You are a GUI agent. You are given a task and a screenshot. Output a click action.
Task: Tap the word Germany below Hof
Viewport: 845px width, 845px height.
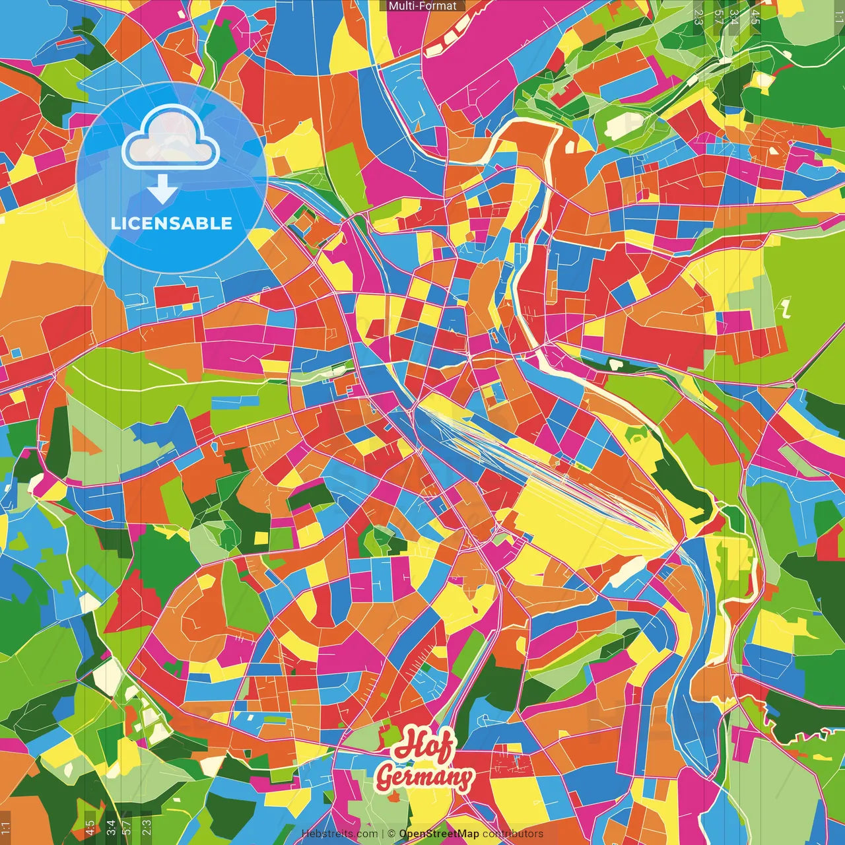pos(424,777)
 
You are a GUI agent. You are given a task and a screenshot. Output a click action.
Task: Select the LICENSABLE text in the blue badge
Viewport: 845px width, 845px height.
pos(172,223)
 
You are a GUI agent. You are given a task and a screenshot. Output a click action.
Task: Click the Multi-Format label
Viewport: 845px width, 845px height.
pos(422,6)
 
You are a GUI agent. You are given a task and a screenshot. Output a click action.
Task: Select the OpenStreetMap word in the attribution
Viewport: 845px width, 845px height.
pos(438,834)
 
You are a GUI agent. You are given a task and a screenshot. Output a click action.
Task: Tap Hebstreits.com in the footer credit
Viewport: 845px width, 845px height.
pos(339,834)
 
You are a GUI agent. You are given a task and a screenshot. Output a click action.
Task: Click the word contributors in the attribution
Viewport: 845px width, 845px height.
pos(513,834)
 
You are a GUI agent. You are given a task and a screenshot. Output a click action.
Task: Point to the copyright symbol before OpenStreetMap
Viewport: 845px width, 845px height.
pos(391,834)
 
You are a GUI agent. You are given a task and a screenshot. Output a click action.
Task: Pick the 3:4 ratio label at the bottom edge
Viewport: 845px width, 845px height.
pos(110,827)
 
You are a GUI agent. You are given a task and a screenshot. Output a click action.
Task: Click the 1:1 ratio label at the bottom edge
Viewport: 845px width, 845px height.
pos(6,827)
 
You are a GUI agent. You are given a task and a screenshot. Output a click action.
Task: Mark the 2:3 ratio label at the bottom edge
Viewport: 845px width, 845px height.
pos(146,827)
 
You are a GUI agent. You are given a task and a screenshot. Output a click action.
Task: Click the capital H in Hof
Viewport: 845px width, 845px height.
pos(406,745)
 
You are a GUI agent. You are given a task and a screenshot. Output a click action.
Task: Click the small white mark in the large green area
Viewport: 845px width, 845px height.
pos(785,307)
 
